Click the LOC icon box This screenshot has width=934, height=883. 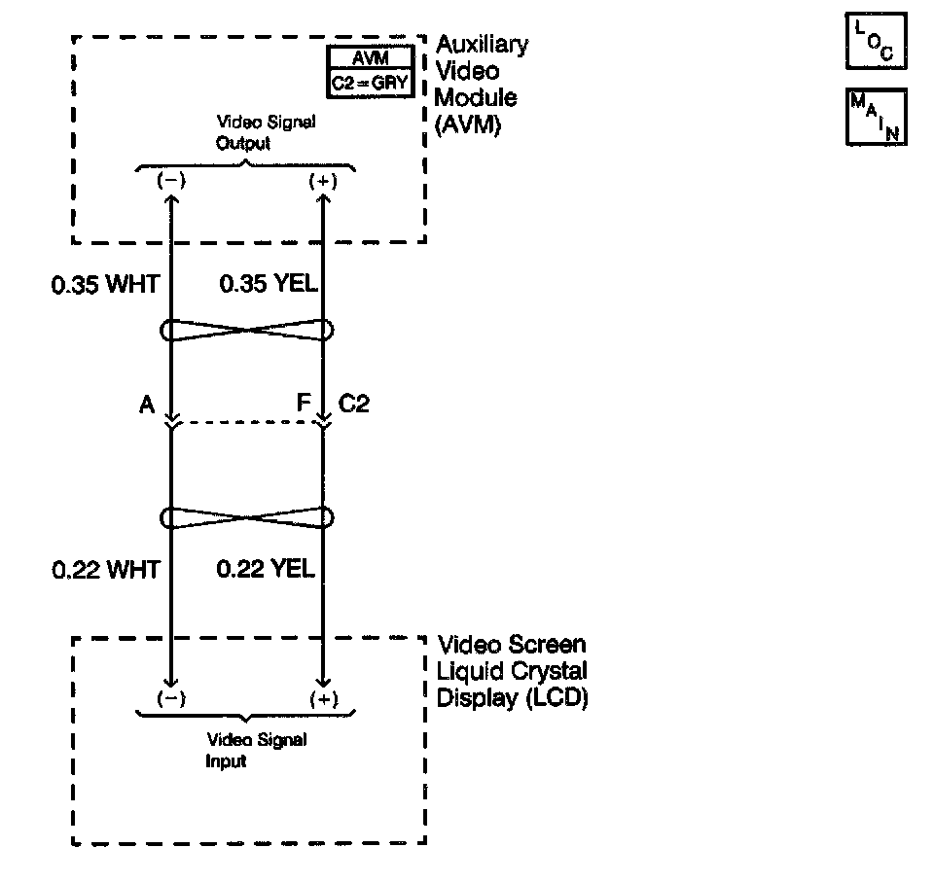click(876, 40)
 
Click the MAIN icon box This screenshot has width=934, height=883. click(877, 117)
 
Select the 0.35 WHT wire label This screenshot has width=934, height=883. click(105, 287)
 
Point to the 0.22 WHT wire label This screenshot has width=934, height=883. click(105, 569)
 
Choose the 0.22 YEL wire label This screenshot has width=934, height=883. click(266, 569)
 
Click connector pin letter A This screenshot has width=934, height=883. click(147, 405)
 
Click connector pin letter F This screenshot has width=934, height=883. click(305, 405)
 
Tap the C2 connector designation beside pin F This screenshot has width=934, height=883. click(353, 405)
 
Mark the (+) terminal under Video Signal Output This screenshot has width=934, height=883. click(322, 181)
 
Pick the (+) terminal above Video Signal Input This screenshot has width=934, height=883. click(322, 698)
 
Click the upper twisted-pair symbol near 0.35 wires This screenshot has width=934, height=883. click(247, 331)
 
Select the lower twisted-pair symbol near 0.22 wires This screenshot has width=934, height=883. click(247, 517)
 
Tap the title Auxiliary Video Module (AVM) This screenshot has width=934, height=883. click(483, 85)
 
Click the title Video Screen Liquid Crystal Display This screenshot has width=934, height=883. click(513, 671)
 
